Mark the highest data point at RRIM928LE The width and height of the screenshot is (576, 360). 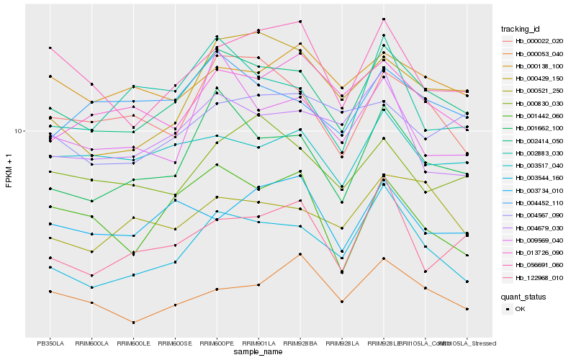[x=384, y=19]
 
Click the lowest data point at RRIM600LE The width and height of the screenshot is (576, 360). [x=133, y=322]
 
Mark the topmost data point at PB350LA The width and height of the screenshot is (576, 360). [x=50, y=48]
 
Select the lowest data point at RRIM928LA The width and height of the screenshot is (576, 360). [x=342, y=302]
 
